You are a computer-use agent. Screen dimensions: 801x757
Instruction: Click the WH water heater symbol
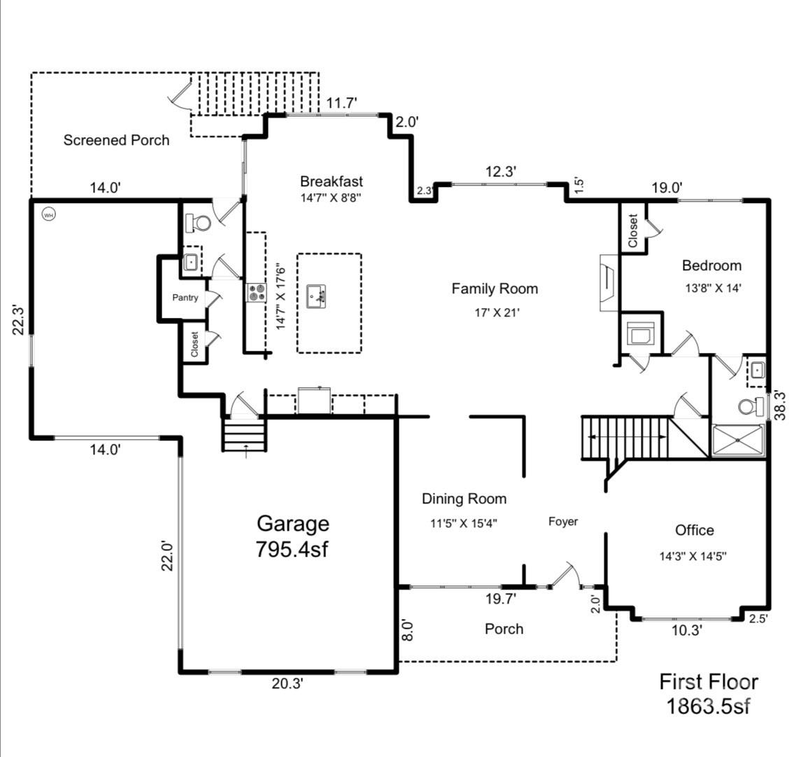coord(48,215)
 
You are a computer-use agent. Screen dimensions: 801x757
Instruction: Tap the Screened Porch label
coord(116,140)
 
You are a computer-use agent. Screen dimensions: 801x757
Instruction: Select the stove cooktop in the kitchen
coord(257,293)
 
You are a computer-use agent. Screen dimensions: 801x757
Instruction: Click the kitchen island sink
coord(317,297)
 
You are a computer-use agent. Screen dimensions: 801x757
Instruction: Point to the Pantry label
coord(185,297)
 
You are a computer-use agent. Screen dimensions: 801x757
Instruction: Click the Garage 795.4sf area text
coord(292,536)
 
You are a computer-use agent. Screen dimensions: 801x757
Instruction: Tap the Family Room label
coord(495,289)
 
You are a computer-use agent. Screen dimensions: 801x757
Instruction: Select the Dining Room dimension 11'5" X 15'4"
coord(464,523)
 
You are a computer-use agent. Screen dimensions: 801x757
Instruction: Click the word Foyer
coord(563,522)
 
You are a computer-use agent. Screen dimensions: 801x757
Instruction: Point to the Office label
coord(694,530)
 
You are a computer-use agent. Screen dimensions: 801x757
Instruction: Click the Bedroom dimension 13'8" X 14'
coord(713,288)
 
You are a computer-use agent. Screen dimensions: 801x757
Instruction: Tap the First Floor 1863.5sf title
coord(709,694)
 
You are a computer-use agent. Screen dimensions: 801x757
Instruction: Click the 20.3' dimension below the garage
coord(288,683)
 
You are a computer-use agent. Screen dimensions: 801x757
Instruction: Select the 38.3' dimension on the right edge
coord(779,405)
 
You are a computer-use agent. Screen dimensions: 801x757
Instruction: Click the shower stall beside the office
coord(738,440)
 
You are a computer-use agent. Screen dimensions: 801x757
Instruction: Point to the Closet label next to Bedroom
coord(633,230)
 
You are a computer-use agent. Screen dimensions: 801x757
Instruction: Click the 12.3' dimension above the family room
coord(501,172)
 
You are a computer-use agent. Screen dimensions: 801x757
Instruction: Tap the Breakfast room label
coord(332,181)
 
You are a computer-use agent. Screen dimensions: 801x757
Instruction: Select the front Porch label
coord(504,629)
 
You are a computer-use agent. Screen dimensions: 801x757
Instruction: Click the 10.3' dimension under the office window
coord(686,630)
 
